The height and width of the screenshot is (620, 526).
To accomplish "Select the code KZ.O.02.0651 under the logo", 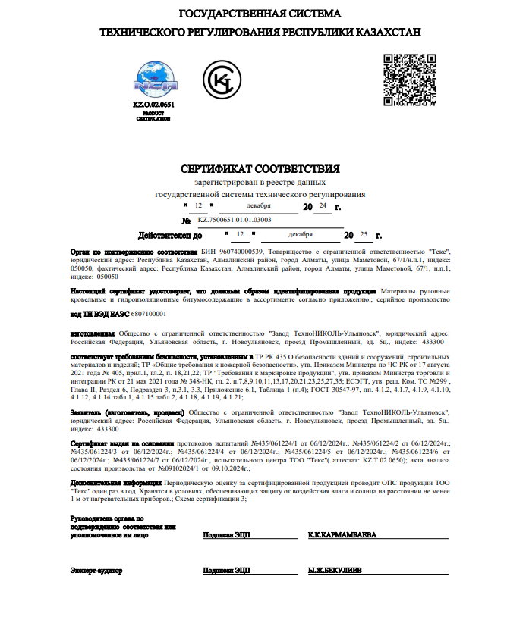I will coord(153,105).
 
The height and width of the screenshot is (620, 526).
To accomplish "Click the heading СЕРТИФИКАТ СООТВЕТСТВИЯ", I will coord(260,168).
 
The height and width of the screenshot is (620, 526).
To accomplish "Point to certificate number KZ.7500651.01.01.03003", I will coord(235,220).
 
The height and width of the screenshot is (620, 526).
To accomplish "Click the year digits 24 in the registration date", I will coord(323,205).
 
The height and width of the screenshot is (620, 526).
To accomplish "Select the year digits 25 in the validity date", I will coord(364,234).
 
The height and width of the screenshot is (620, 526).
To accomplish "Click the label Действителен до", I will coord(170,236).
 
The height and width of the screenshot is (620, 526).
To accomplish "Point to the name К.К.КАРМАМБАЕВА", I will coord(342,535).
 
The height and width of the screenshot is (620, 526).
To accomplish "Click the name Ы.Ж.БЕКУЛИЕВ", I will coord(335,569).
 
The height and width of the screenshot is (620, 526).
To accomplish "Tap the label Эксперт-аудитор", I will coord(96,569).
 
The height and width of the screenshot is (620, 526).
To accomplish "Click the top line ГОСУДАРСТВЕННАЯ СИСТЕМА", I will coord(260,14).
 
